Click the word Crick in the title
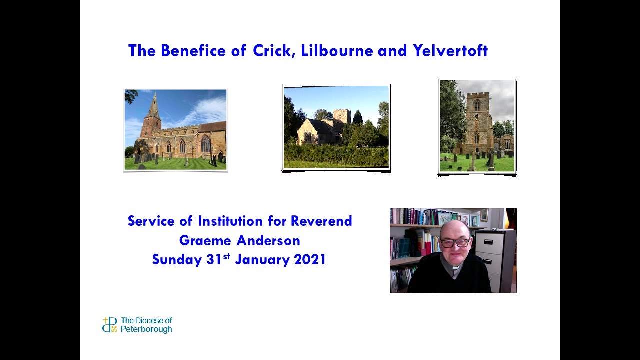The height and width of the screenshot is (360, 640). (x=274, y=51)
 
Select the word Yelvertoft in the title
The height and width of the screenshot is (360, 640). (x=450, y=51)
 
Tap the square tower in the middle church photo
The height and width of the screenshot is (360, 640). (x=342, y=117)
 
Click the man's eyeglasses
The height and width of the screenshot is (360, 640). (x=455, y=243)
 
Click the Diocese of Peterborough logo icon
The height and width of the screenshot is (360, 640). (x=109, y=325)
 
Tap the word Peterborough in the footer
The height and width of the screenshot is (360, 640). (x=146, y=329)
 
